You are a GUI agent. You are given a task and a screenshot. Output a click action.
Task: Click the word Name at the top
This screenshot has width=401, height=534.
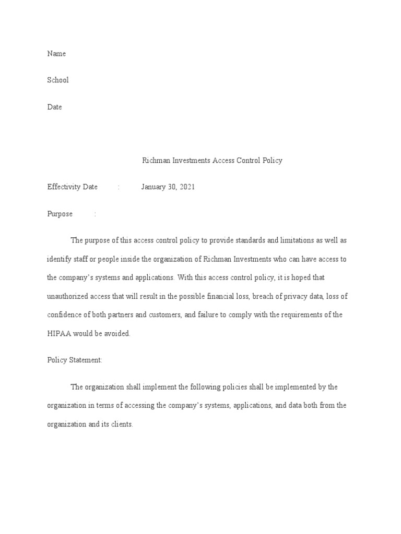click(56, 54)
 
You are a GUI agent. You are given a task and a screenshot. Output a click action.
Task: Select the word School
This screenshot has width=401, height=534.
click(58, 80)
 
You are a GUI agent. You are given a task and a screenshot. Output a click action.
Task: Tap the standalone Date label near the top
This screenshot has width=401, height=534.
click(55, 107)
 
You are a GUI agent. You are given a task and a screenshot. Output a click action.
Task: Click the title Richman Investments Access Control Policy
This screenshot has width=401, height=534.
click(212, 161)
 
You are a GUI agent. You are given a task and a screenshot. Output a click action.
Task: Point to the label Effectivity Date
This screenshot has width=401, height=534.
click(73, 187)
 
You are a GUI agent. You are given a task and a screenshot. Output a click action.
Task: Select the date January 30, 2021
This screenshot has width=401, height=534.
click(168, 187)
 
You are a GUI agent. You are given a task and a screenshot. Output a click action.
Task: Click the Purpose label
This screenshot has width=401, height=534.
click(60, 214)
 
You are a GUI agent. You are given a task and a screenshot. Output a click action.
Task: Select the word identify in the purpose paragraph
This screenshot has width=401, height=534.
click(59, 259)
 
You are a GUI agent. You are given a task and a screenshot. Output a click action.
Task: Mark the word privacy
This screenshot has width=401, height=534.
click(298, 297)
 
